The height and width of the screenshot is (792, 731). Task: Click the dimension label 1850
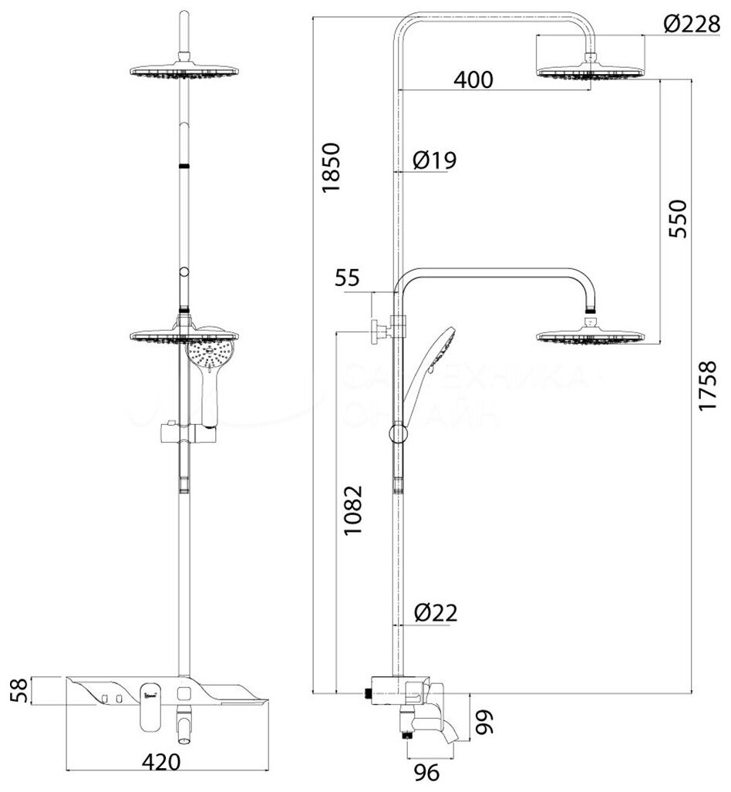tap(330, 168)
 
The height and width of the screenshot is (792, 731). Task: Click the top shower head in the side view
tap(590, 71)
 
